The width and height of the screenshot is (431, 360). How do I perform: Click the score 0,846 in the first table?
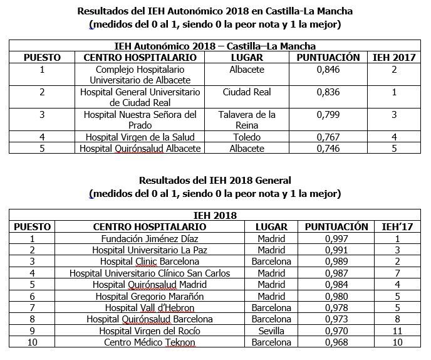coord(328,70)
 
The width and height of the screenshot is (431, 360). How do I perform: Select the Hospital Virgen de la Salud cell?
coord(140,137)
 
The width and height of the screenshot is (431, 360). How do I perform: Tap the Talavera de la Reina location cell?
coord(246,120)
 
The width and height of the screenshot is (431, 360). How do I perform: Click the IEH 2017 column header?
coord(394,57)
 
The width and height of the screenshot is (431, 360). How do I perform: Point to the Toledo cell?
coord(246,137)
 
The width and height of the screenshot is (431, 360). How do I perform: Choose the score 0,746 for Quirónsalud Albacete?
coord(328,149)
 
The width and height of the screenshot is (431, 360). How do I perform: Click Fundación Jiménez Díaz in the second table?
coord(149,239)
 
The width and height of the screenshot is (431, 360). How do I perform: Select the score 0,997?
coord(337,239)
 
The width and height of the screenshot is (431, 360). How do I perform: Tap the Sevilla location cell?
coord(272,331)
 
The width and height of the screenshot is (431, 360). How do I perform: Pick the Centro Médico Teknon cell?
coord(149,343)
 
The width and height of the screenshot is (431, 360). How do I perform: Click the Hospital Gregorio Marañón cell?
coord(149,297)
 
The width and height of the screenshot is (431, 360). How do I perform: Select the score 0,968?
coord(337,343)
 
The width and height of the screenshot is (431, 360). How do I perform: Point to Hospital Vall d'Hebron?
coord(149,308)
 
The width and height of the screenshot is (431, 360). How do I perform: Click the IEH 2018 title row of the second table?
coord(215,216)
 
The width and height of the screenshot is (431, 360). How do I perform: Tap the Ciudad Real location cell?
coord(246,92)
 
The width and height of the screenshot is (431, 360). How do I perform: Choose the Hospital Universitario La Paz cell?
coord(149,250)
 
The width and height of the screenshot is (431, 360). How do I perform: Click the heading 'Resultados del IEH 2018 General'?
coord(215,179)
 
